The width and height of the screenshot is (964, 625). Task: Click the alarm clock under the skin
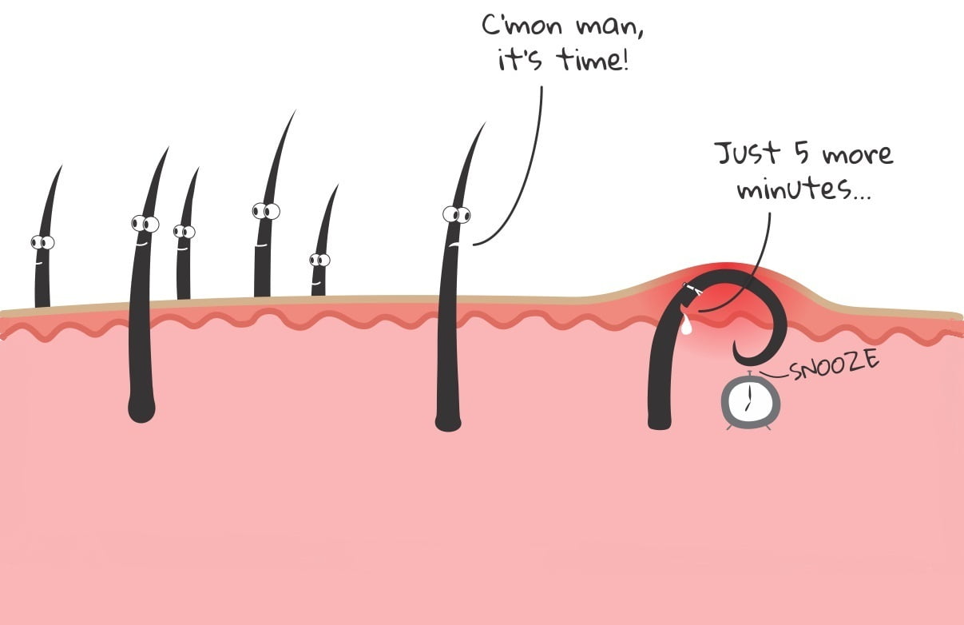tap(751, 402)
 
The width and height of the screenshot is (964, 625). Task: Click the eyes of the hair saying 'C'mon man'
tap(456, 214)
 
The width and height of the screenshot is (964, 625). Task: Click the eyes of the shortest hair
tap(319, 260)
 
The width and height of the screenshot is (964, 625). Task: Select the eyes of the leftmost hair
tap(42, 242)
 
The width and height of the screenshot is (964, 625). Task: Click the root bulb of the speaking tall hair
tap(447, 420)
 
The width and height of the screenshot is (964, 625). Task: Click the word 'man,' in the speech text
tap(610, 25)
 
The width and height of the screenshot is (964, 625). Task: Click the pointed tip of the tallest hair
tap(294, 113)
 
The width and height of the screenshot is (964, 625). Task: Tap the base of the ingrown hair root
tap(659, 421)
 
